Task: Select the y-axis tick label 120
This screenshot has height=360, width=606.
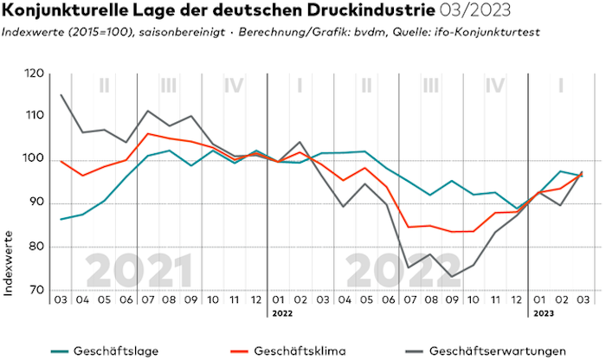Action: (35, 74)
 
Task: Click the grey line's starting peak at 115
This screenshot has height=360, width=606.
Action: (61, 95)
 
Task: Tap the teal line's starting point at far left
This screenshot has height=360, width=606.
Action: (61, 219)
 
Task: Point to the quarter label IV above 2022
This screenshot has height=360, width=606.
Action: (495, 87)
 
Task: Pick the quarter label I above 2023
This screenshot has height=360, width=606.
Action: (560, 87)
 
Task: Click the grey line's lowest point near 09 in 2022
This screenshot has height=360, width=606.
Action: (451, 276)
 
